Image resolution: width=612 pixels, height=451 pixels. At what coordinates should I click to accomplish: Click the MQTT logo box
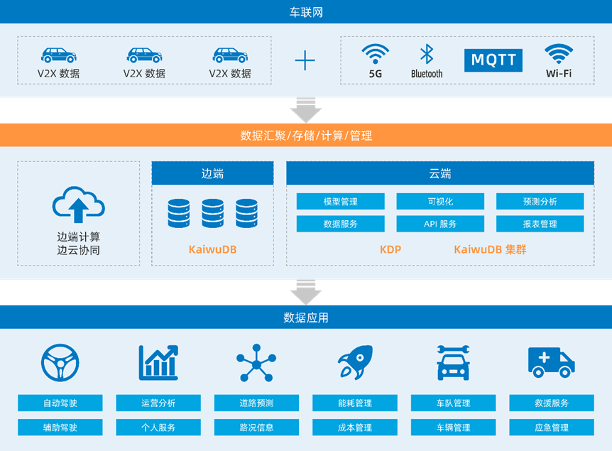[x=493, y=60]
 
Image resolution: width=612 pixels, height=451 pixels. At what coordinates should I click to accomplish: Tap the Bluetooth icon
[x=426, y=54]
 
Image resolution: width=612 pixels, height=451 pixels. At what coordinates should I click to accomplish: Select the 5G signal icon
[x=375, y=54]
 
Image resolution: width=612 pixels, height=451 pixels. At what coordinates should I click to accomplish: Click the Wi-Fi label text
[x=559, y=73]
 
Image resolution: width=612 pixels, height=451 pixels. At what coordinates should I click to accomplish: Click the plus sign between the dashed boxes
[x=305, y=60]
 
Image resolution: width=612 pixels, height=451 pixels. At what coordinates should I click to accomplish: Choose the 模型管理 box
[x=340, y=202]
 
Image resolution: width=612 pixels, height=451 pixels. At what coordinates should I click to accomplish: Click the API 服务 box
[x=439, y=224]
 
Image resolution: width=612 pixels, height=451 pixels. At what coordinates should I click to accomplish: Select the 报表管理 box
[x=540, y=224]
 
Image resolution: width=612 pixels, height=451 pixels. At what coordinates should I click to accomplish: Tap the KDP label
[x=390, y=249]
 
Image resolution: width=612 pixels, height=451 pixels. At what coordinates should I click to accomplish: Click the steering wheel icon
[x=60, y=363]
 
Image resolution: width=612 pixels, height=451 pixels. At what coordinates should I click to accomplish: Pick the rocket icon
[x=354, y=363]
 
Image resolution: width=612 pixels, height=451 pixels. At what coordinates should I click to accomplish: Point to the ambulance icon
[x=551, y=362]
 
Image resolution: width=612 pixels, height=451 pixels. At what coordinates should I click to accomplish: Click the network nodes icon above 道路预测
[x=256, y=363]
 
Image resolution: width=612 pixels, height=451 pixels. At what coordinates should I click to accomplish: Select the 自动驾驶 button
[x=60, y=403]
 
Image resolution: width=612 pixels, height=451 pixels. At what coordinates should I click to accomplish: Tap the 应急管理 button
[x=551, y=428]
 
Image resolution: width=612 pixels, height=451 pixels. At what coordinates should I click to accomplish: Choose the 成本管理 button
[x=354, y=428]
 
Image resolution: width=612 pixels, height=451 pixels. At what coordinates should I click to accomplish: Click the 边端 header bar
[x=212, y=173]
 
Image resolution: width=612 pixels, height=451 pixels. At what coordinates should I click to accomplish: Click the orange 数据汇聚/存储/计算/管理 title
[x=306, y=135]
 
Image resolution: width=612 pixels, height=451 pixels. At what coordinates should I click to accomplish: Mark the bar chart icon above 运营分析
[x=158, y=363]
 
